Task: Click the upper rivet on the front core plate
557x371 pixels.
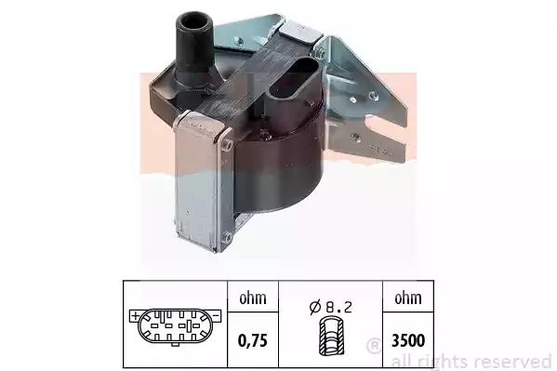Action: (226, 145)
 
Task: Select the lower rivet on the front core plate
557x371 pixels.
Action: (227, 236)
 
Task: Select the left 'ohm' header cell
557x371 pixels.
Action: (253, 298)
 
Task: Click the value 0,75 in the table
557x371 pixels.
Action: (253, 341)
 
